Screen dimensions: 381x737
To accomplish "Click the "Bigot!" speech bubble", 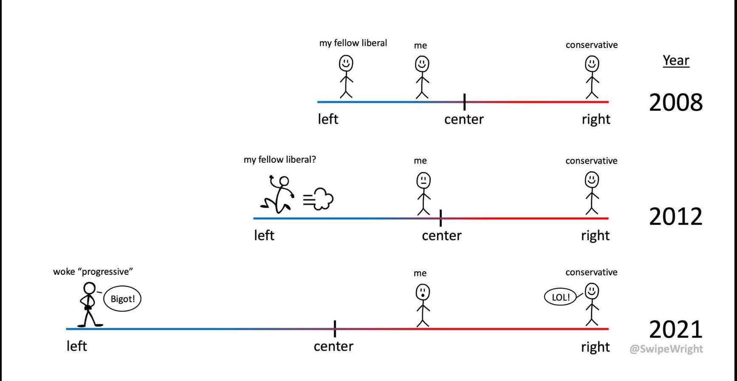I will tap(122, 299).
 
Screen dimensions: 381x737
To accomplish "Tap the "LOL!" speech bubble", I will tap(560, 297).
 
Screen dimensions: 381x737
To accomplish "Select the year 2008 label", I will tap(675, 103).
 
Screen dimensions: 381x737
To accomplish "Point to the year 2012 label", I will tap(675, 217).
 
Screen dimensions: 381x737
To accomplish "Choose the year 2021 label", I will tap(675, 330).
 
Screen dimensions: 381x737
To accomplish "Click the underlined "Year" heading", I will tap(676, 60).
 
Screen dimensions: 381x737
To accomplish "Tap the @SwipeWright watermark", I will tap(666, 349).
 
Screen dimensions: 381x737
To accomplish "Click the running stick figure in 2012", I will tap(278, 195).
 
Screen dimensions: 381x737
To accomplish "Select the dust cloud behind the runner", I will tap(319, 199).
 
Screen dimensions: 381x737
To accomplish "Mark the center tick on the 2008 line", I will tap(464, 102).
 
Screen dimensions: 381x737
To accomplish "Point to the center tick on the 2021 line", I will tap(335, 329).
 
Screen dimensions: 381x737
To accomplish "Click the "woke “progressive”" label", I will tap(93, 272).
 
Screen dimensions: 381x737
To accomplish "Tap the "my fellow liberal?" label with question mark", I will tap(280, 160).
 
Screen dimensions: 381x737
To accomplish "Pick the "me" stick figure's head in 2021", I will tap(422, 292).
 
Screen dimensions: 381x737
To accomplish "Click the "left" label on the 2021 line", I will tap(76, 346).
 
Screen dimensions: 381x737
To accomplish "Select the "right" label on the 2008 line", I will tap(596, 119).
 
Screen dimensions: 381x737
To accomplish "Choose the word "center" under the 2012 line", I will tap(441, 236).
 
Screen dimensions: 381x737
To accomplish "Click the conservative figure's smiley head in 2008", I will tap(592, 64).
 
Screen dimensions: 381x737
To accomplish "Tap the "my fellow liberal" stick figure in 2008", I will tap(346, 76).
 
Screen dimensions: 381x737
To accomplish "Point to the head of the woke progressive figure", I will tap(89, 289).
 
